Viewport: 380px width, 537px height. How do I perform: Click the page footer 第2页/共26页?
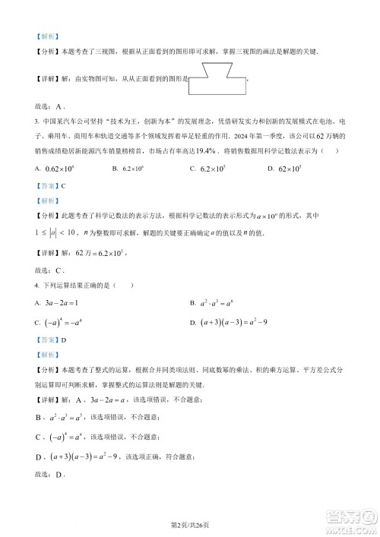pyautogui.click(x=189, y=524)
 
